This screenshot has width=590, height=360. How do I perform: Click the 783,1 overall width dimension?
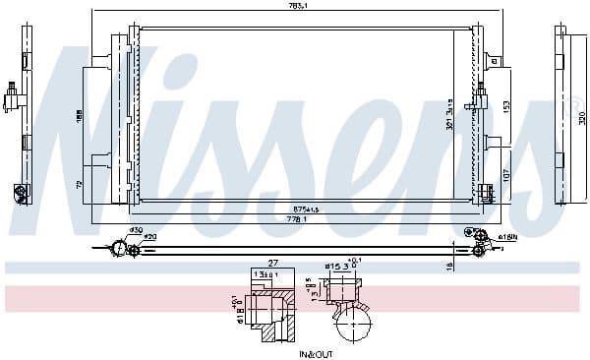[294, 7]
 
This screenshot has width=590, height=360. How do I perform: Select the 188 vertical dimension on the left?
[80, 115]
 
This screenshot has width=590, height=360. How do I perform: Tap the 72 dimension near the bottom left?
[80, 184]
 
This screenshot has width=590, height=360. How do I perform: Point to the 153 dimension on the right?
[506, 105]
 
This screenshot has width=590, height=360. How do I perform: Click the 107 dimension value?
[506, 174]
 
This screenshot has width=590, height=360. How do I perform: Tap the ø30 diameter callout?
[136, 231]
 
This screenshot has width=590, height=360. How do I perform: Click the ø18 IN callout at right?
[507, 237]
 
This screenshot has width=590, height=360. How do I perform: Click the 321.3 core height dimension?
[449, 115]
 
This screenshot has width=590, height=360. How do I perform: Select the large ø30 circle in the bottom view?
[120, 249]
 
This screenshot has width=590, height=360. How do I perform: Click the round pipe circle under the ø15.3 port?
[354, 322]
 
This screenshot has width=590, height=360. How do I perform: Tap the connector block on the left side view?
[14, 99]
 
